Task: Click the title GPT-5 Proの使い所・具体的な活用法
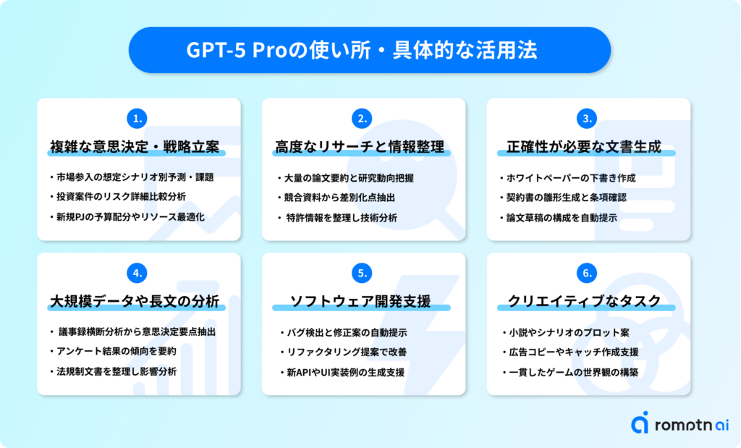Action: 362,50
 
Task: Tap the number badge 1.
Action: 137,119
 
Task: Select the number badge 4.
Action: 137,273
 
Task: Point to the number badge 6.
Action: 587,273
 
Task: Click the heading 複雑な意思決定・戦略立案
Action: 135,147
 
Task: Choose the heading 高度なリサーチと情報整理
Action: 360,147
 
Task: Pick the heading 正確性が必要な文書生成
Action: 584,147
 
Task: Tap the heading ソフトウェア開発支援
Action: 360,302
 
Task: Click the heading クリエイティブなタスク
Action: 584,302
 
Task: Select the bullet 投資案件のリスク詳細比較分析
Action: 121,197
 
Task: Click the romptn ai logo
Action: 679,423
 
